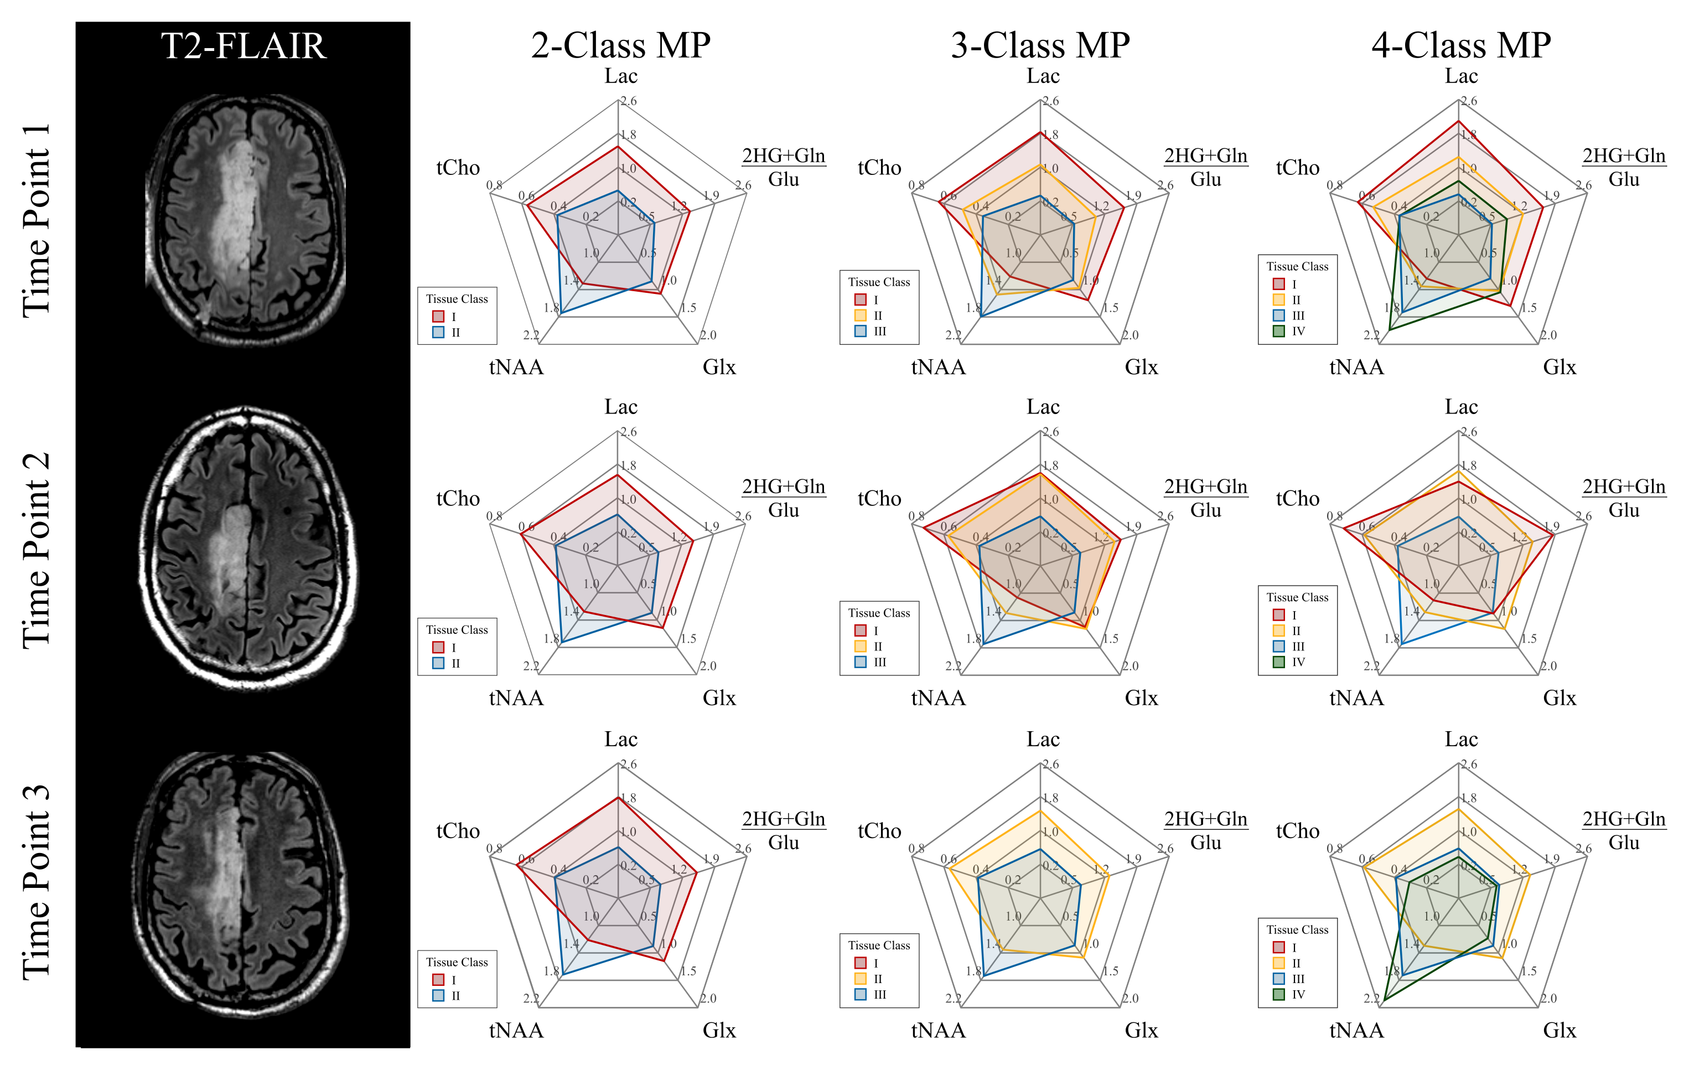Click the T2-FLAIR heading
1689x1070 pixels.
[x=243, y=46]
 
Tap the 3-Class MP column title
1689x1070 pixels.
[x=1040, y=46]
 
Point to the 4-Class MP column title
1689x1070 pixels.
[x=1460, y=46]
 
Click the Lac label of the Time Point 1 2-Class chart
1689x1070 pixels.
[x=621, y=76]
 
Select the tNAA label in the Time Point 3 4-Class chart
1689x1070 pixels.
[x=1356, y=1031]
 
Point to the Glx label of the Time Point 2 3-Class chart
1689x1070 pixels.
[x=1141, y=698]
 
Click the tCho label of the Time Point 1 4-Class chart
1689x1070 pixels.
[x=1298, y=168]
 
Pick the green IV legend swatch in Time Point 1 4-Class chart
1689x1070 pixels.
[x=1279, y=331]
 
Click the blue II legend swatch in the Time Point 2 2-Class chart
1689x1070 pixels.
[x=438, y=663]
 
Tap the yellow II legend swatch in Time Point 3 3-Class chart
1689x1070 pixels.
[x=861, y=979]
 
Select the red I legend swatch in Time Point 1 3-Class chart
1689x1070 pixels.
[x=861, y=299]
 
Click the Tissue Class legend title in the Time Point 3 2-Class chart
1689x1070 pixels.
[x=457, y=962]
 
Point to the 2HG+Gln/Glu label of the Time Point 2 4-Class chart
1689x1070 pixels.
[x=1624, y=498]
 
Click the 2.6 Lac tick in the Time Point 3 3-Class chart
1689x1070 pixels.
[x=1050, y=764]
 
